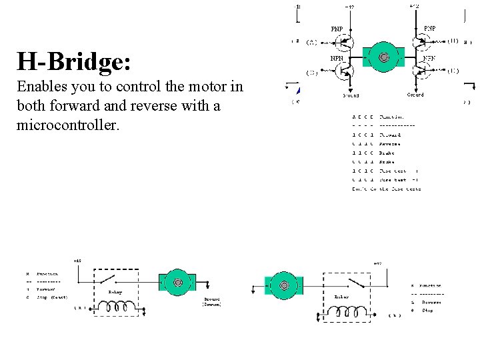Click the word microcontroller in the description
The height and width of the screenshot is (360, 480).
(x=67, y=124)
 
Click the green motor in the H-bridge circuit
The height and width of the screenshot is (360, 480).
(x=383, y=58)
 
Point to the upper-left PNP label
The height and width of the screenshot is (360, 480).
(x=338, y=29)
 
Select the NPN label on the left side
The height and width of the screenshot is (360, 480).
(x=338, y=58)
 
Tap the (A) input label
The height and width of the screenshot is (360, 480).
(x=311, y=43)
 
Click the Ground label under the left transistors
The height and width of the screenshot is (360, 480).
(x=351, y=95)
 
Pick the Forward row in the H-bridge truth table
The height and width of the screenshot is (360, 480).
(x=387, y=135)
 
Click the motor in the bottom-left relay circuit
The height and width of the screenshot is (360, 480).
(x=178, y=283)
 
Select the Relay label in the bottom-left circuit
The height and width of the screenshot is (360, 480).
(x=115, y=291)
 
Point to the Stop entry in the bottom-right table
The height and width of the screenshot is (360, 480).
(x=427, y=310)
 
